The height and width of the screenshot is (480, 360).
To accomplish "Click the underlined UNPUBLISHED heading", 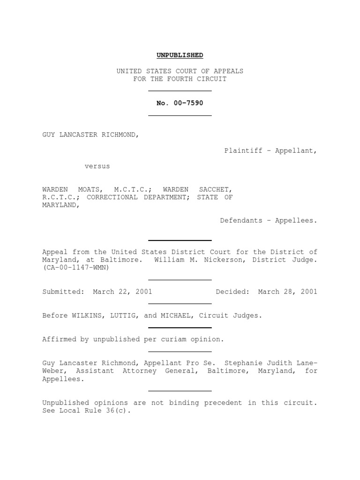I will point(180,55).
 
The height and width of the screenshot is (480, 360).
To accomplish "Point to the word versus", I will point(97,166).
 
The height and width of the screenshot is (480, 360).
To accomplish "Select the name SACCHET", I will point(215,189).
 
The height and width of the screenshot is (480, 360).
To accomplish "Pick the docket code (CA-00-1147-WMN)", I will point(76,268).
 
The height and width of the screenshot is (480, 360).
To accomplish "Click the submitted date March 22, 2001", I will point(122,292).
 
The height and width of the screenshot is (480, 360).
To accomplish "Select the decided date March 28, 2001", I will point(287,292).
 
